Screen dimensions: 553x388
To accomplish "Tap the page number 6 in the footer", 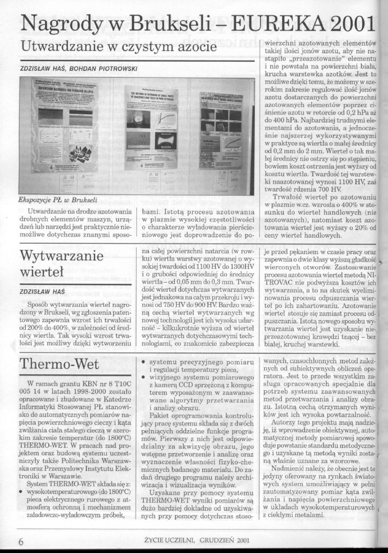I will click(20, 541).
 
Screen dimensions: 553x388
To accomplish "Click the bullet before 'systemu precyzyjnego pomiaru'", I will click(143, 363).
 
